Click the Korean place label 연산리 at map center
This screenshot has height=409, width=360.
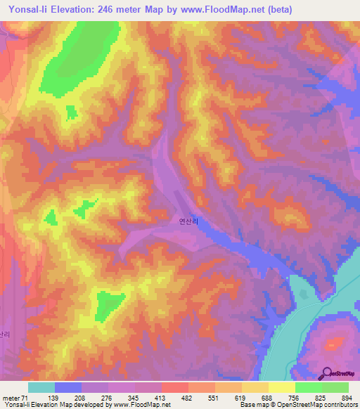pyautogui.click(x=189, y=220)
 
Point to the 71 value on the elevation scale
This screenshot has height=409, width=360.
pyautogui.click(x=26, y=397)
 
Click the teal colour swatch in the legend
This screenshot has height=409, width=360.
pyautogui.click(x=41, y=387)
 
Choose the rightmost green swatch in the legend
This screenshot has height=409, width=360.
pyautogui.click(x=335, y=387)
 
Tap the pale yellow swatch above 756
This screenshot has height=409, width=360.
pyautogui.click(x=282, y=387)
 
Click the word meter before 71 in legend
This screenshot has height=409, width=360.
pyautogui.click(x=11, y=397)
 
